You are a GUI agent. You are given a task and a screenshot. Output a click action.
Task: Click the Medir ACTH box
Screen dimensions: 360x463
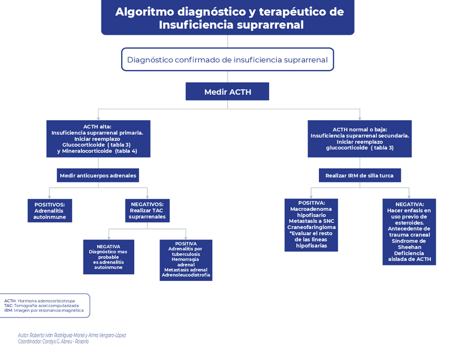click(227, 92)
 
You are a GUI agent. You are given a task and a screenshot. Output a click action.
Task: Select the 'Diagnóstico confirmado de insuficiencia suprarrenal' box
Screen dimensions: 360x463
click(227, 60)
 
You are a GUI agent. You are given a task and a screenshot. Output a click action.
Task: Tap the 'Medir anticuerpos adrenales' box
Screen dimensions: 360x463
click(98, 175)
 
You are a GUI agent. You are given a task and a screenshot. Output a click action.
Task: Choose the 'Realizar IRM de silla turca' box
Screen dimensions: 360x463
click(360, 175)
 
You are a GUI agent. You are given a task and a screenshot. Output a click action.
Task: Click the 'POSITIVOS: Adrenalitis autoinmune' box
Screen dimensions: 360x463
click(50, 210)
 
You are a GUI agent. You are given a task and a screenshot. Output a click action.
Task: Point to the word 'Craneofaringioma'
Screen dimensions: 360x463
click(311, 227)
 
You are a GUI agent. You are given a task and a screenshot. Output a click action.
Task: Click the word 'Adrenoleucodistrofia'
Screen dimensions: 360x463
click(186, 275)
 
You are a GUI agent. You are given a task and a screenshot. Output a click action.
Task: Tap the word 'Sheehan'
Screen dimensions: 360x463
click(409, 247)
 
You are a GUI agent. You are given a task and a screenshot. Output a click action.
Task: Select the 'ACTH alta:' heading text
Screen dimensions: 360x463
click(97, 127)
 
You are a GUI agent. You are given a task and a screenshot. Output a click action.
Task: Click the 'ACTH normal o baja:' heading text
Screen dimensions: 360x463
click(360, 129)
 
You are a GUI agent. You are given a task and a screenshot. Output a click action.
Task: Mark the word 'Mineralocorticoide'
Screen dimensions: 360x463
click(90, 151)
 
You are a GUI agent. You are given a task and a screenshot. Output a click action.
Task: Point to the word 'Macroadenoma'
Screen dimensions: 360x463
click(311, 209)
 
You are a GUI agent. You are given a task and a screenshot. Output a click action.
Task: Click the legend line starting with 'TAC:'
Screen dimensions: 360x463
click(41, 305)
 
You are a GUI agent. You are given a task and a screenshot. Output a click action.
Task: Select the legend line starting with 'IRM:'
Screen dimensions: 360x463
click(44, 310)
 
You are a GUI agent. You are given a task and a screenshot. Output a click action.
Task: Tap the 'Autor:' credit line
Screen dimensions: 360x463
click(72, 335)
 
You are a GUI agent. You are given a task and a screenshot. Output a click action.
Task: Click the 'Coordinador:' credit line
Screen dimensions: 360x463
click(53, 341)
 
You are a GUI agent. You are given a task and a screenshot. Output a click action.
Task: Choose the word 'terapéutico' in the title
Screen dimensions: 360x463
click(282, 12)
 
